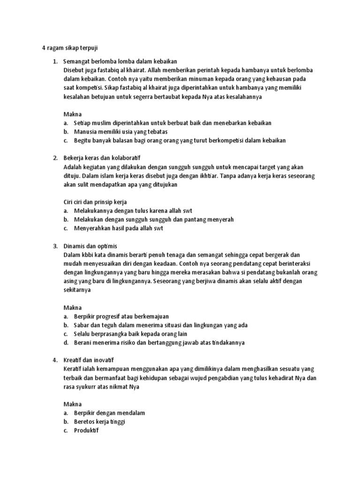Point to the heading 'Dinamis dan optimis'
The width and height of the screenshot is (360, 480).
coord(90,246)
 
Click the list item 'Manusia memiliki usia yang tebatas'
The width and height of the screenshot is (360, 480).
coord(120,131)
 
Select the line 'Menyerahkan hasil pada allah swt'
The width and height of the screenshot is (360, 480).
coord(118,228)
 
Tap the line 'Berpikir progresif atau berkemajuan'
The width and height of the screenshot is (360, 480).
coord(121,316)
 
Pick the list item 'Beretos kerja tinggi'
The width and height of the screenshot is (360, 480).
coord(99,421)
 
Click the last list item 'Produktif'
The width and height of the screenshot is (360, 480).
coord(86,430)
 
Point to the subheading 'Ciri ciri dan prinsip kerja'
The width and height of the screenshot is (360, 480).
coord(95,202)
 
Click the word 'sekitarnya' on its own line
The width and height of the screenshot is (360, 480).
coord(77,290)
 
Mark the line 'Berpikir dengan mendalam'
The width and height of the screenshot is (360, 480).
coord(109,413)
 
